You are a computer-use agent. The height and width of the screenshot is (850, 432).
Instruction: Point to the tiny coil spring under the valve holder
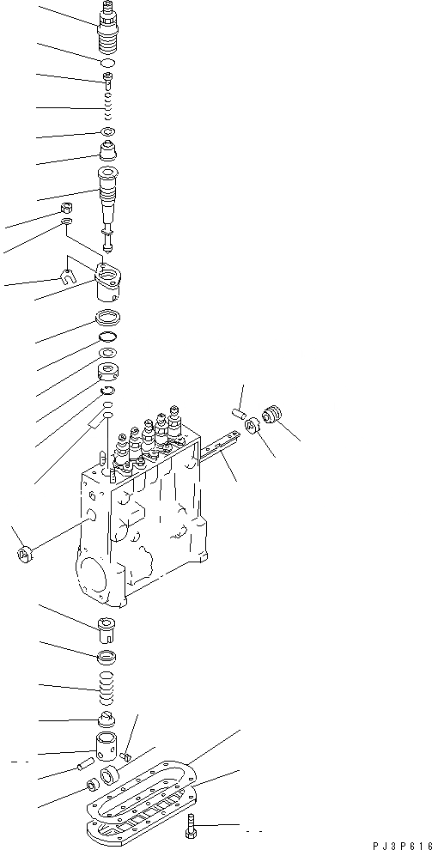(x=108, y=109)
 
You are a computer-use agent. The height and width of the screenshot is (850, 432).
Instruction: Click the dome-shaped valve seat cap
(x=109, y=152)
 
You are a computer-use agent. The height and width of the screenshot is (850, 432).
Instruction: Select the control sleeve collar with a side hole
(x=108, y=372)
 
